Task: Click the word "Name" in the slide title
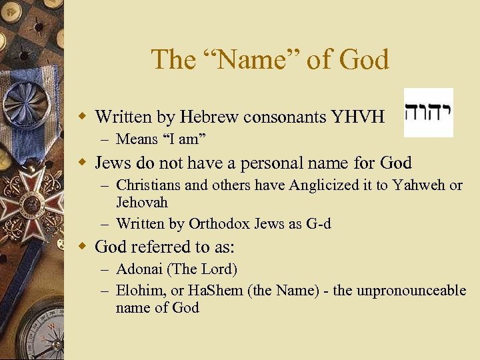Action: (x=261, y=60)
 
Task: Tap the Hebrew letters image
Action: (x=428, y=112)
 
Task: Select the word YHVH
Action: (x=358, y=117)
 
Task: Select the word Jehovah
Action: (x=142, y=202)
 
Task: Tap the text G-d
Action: (x=319, y=224)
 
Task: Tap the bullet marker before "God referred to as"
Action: (x=83, y=247)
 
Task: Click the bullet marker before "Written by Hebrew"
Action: (x=83, y=117)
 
